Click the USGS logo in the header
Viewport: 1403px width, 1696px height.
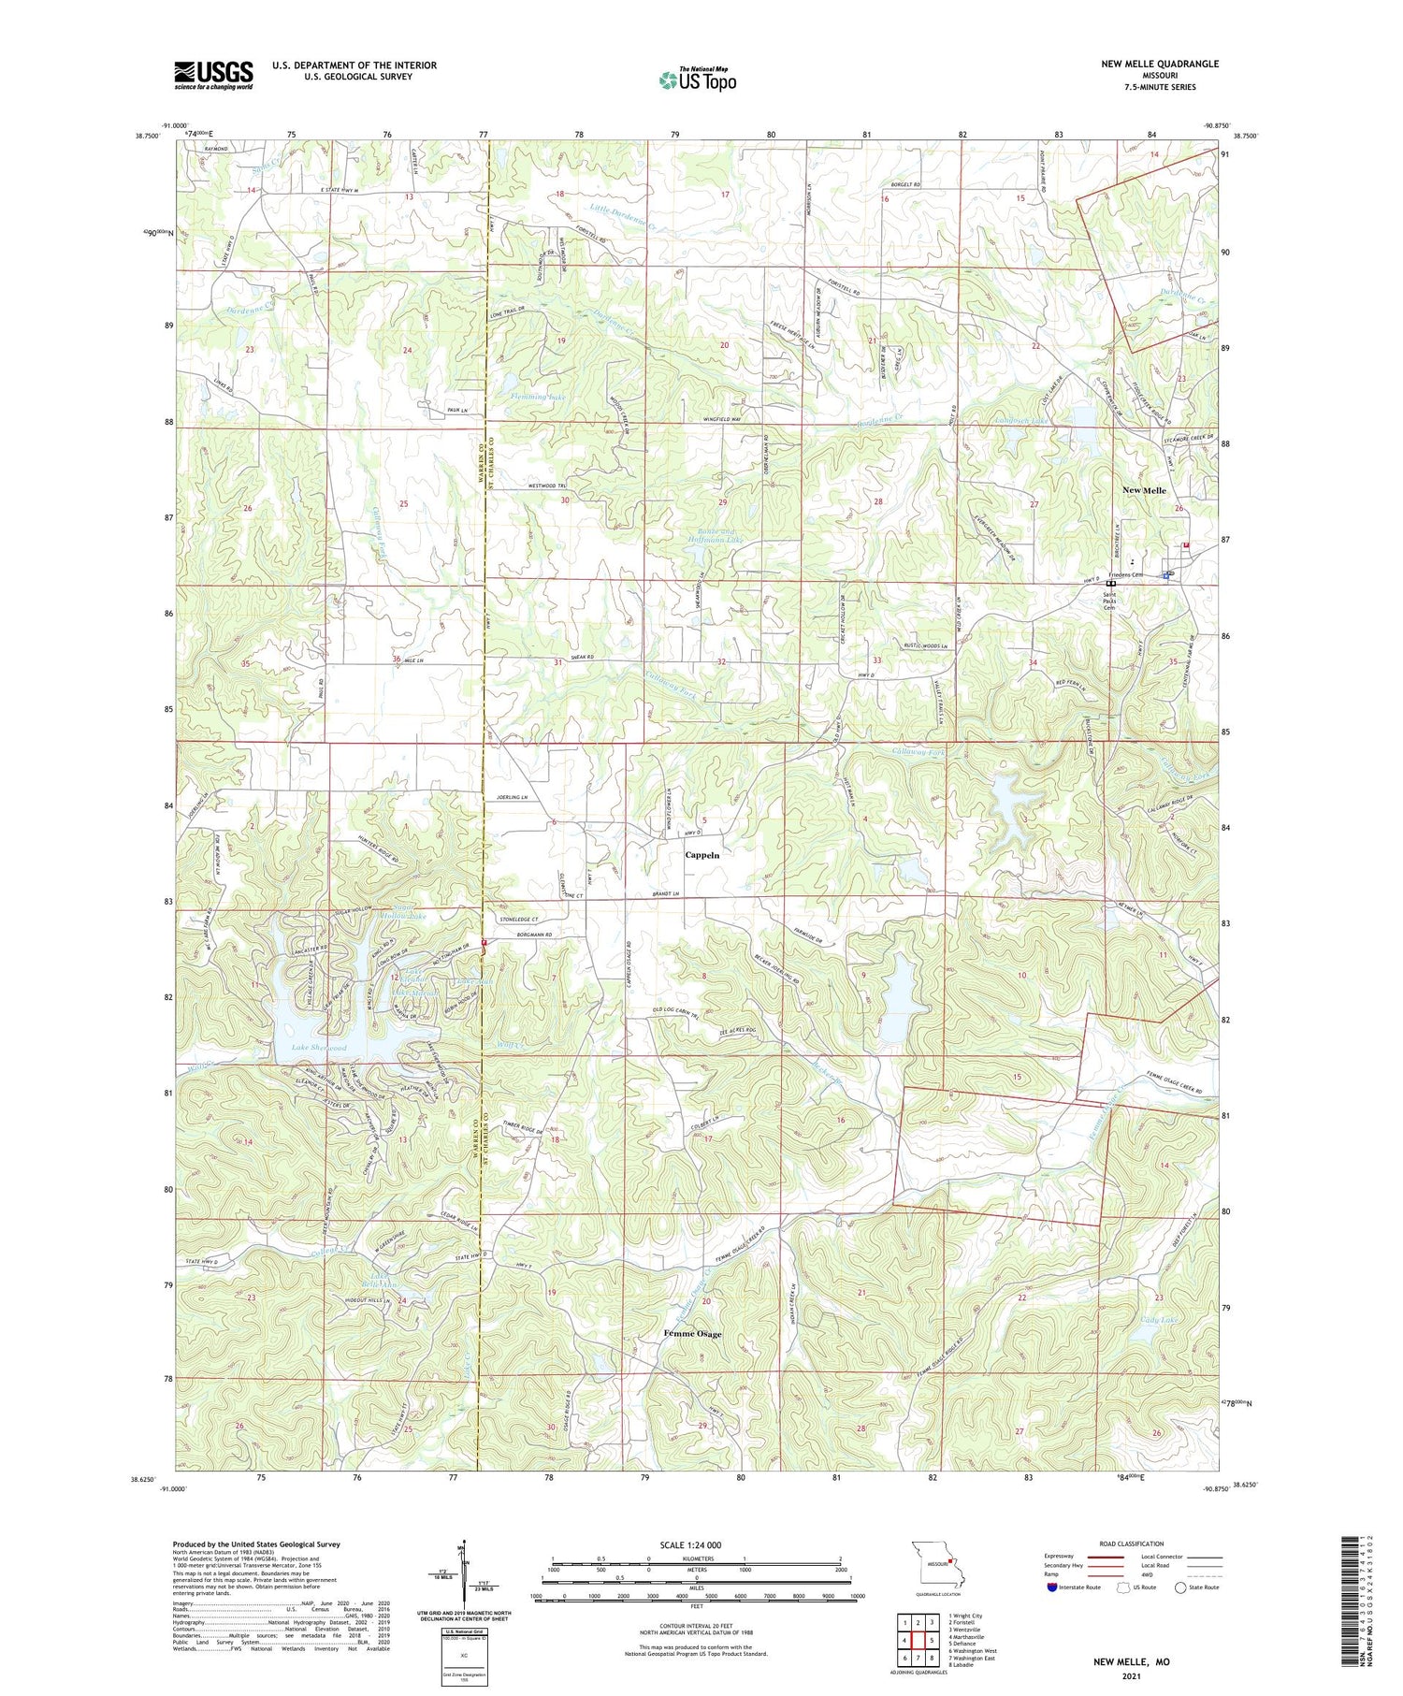click(x=213, y=75)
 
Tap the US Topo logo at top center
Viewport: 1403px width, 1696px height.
click(x=697, y=80)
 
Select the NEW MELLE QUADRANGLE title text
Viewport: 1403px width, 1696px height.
click(x=1147, y=64)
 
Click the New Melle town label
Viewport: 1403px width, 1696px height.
click(x=1144, y=490)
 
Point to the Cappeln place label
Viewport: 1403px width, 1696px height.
click(x=708, y=855)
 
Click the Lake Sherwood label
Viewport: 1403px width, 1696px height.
click(x=318, y=1048)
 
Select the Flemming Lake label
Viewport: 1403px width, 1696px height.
click(x=538, y=397)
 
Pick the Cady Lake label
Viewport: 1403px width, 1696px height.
click(x=1158, y=1320)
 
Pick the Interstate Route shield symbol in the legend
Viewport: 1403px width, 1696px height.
click(x=1053, y=1587)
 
